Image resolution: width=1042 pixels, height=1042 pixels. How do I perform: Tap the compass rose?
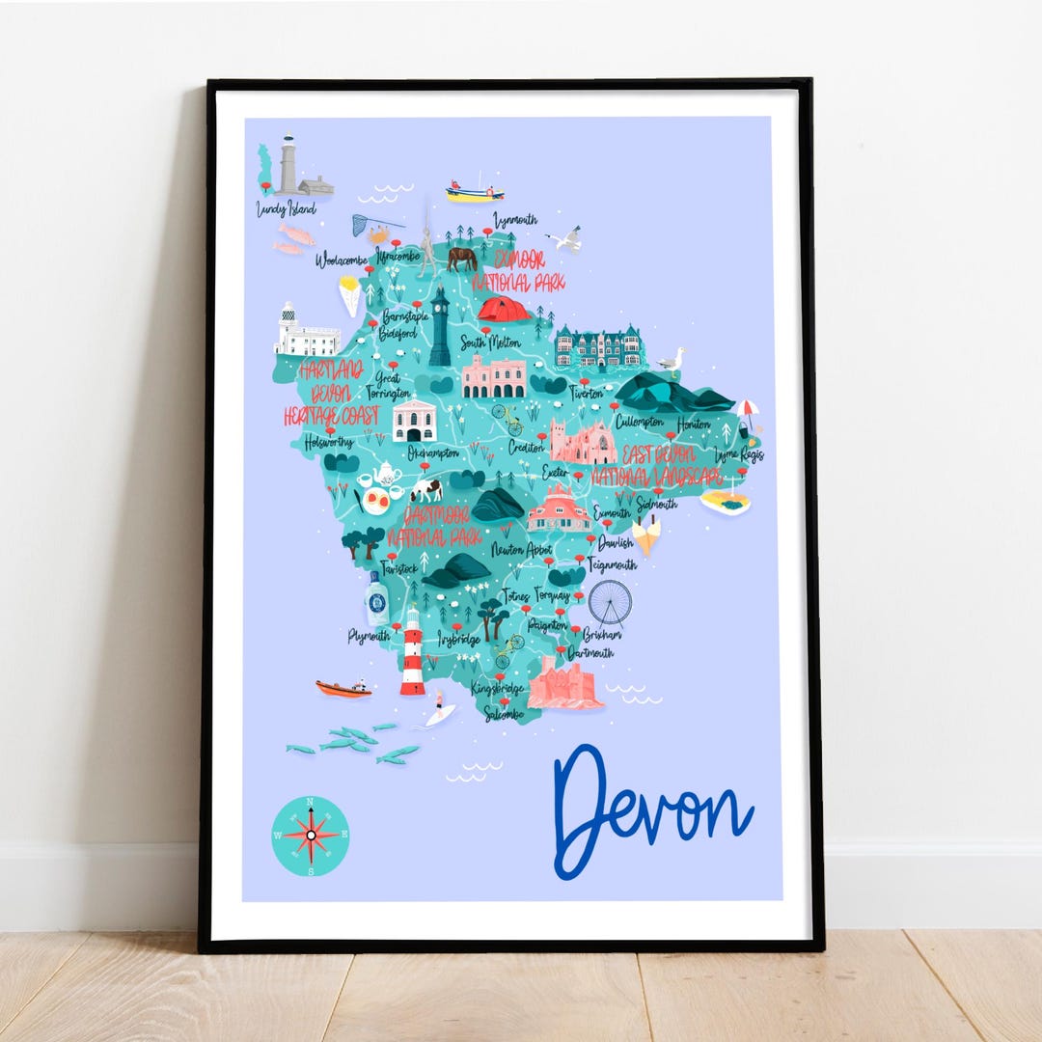[x=311, y=836]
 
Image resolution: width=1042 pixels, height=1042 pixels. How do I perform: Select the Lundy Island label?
[x=286, y=208]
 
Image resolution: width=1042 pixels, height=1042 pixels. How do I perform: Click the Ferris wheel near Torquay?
[x=610, y=602]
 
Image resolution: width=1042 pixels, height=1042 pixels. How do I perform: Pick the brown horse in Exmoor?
[x=461, y=258]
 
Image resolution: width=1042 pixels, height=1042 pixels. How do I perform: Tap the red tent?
[x=504, y=309]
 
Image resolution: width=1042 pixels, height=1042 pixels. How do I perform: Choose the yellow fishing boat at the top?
[x=475, y=191]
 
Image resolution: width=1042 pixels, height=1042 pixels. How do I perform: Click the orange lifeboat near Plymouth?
[x=343, y=688]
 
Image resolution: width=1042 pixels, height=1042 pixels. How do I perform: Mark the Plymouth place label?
[x=369, y=636]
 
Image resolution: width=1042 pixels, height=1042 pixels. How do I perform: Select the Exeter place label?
[x=555, y=473]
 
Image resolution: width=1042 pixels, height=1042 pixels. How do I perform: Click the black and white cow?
[x=425, y=489]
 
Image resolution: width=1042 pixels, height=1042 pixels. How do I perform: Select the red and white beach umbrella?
[x=748, y=408]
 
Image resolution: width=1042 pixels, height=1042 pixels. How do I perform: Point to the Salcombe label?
[x=505, y=714]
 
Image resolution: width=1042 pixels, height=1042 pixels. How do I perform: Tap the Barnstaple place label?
[x=404, y=316]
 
